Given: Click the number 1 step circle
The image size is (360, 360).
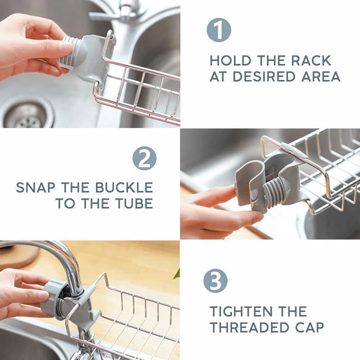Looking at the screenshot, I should (x=219, y=31).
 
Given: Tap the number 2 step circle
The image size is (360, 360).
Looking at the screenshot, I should (x=144, y=159).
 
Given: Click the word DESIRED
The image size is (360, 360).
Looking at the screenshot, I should (x=268, y=77).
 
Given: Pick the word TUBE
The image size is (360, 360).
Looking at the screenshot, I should (x=133, y=204).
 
